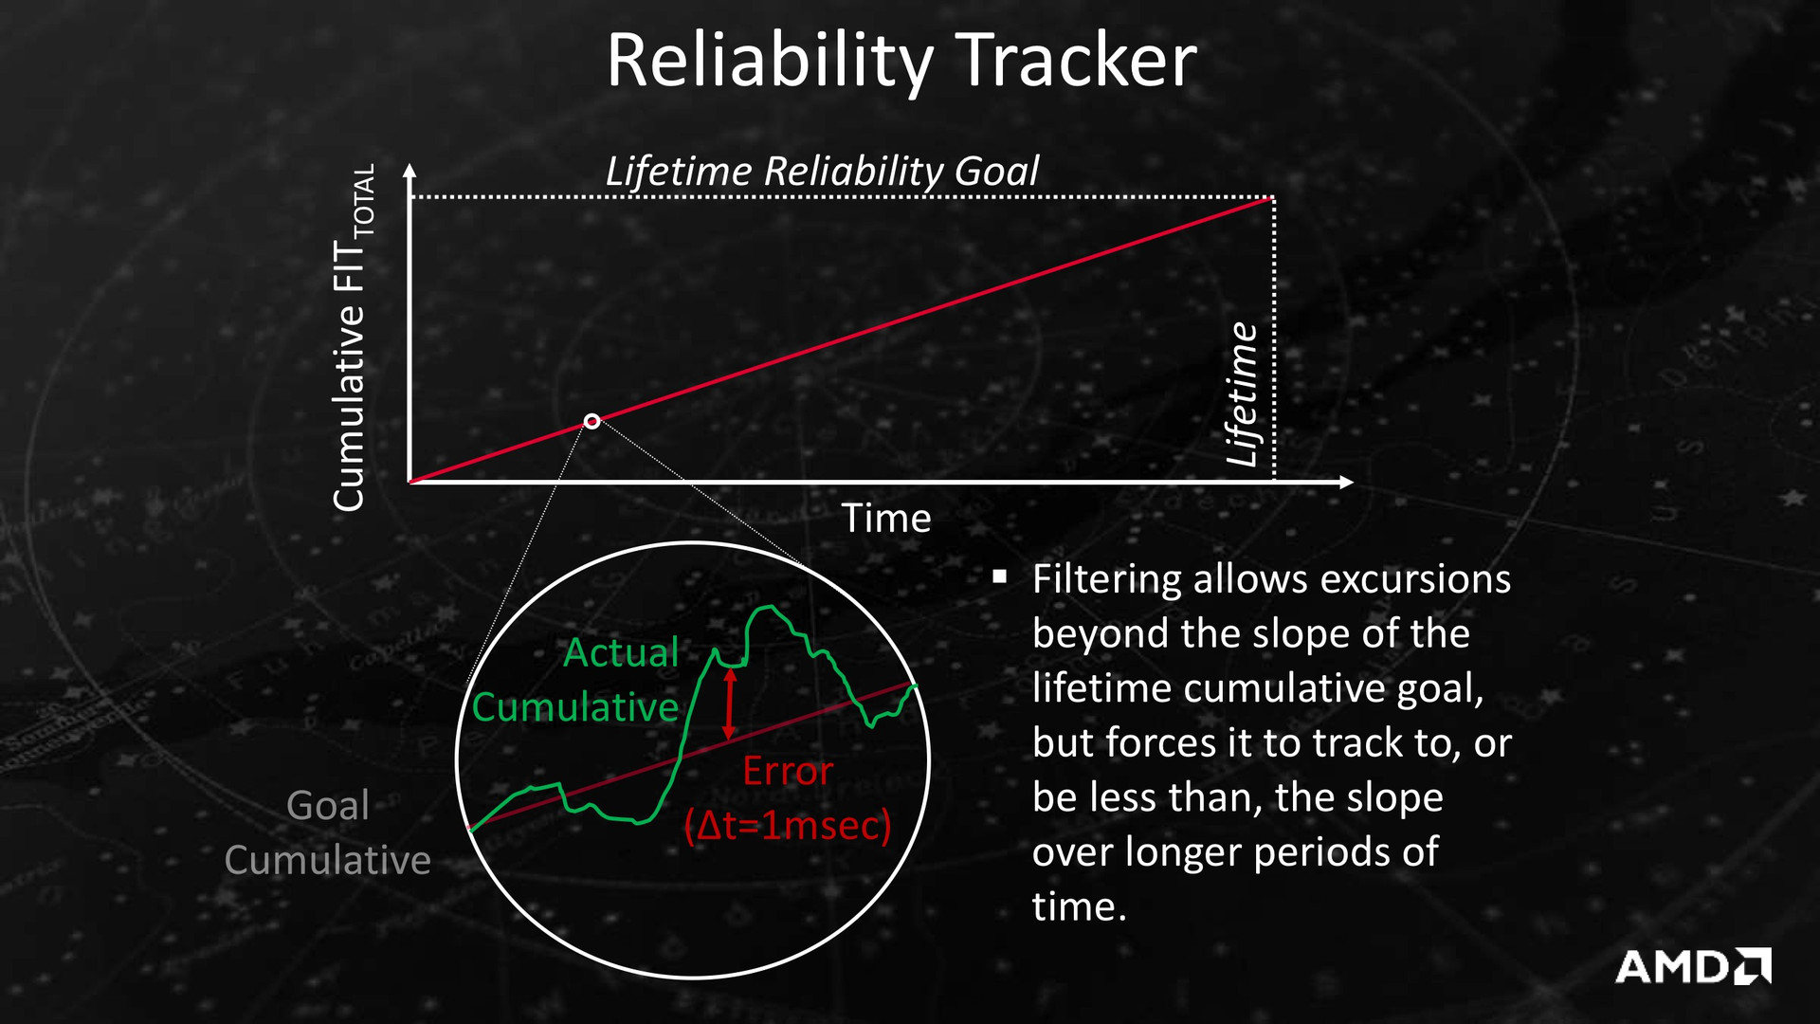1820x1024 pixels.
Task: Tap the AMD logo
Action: (1693, 966)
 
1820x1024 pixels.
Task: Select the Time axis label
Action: (886, 519)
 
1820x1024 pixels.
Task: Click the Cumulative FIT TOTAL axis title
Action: (355, 338)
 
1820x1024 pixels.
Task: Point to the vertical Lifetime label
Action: (1242, 394)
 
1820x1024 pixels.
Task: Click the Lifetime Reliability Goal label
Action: (822, 172)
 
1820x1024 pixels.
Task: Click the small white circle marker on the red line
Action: (591, 421)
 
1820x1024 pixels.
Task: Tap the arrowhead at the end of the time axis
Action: (1346, 483)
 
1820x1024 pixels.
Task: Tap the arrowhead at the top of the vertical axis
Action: (409, 172)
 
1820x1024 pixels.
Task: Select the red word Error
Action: (788, 772)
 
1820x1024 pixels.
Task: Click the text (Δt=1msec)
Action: (788, 826)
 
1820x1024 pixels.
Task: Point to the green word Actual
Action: (621, 653)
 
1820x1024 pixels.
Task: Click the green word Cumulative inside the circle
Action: (575, 707)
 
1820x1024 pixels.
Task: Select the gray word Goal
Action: (328, 806)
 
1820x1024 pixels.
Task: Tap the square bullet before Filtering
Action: (999, 576)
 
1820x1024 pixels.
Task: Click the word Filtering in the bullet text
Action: (1107, 580)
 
